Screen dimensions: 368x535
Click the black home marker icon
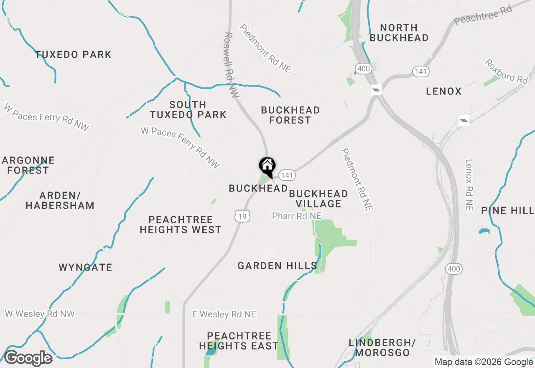[x=267, y=166]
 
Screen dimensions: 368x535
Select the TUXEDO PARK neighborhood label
[x=73, y=54]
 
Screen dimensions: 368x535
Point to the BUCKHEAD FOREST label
[x=290, y=115]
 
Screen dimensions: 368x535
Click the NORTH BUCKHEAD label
[x=399, y=33]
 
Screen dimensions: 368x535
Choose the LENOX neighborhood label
[x=443, y=91]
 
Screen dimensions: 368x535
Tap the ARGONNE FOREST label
[x=28, y=165]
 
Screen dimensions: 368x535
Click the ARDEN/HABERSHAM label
[x=60, y=200]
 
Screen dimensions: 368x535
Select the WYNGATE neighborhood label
[x=85, y=267]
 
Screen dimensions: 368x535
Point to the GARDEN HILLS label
[x=277, y=266]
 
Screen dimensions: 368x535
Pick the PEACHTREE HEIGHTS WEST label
[x=181, y=225]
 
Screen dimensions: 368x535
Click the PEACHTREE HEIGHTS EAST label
[x=239, y=341]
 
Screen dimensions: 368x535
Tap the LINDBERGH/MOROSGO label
[x=382, y=348]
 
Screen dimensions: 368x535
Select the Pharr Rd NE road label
[x=297, y=216]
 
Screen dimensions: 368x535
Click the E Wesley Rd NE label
[x=224, y=314]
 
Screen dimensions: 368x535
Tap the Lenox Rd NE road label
[x=469, y=185]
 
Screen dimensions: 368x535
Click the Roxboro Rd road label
[x=506, y=71]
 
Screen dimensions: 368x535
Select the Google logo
[x=28, y=358]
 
